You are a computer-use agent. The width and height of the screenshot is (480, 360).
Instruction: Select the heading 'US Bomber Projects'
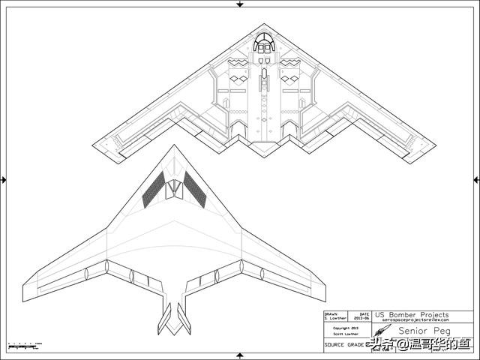(x=412, y=314)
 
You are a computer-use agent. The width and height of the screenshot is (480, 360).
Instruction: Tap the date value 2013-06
(x=364, y=318)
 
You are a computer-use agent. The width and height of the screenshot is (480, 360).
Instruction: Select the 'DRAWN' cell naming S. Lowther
(x=334, y=316)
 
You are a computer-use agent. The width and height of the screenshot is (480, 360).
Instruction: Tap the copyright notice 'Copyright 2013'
(x=347, y=327)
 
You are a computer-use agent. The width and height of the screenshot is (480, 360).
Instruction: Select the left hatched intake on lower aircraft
(x=154, y=189)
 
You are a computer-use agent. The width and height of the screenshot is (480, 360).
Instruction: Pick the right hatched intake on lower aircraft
(x=195, y=189)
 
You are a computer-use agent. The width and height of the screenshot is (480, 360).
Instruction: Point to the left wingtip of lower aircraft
(x=25, y=289)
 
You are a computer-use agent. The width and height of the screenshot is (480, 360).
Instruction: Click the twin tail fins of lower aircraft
(x=173, y=319)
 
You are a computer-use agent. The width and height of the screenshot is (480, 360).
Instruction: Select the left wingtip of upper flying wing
(x=94, y=145)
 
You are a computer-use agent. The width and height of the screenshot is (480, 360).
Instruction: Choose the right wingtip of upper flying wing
(x=433, y=145)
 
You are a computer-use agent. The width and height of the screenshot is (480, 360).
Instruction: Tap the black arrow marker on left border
(x=4, y=179)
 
